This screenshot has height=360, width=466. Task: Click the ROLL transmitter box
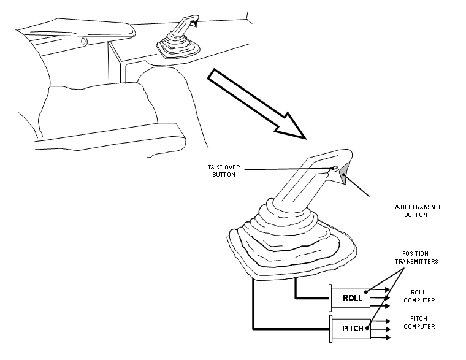click(351, 297)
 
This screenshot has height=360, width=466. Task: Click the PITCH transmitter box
click(351, 328)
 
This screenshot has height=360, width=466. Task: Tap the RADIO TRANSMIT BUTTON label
click(418, 211)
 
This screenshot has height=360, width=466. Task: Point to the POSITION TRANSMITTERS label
click(420, 257)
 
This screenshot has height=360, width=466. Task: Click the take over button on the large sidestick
click(333, 167)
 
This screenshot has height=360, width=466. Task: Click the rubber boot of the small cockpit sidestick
click(175, 48)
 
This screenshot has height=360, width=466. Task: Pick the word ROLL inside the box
click(353, 298)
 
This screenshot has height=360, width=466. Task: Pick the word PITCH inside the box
click(353, 328)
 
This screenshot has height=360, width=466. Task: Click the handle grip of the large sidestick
click(307, 178)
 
